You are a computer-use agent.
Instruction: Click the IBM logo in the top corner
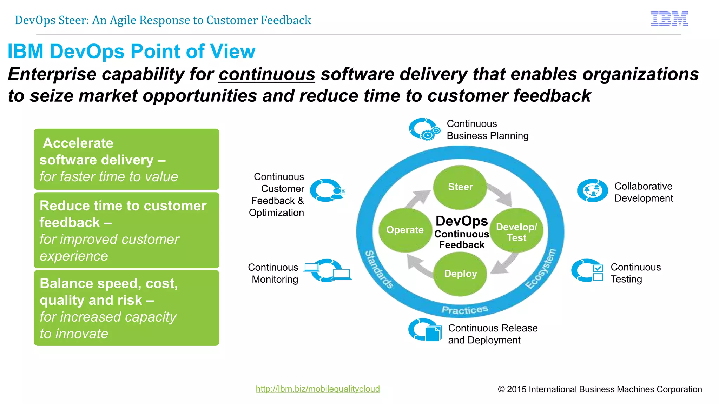(669, 19)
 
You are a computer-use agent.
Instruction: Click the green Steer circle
(460, 187)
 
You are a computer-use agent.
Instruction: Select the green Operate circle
(405, 230)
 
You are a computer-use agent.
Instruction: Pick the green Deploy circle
(460, 274)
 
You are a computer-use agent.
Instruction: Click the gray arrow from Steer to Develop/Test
(500, 195)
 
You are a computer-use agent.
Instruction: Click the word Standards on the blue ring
(379, 269)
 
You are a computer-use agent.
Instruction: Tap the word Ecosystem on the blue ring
(541, 269)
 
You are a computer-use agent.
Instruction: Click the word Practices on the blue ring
(464, 310)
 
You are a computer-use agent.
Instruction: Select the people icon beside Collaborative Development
(592, 191)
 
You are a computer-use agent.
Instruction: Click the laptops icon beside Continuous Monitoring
(328, 270)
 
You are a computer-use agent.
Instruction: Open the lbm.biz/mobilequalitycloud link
(317, 389)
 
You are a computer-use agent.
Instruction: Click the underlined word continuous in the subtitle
(267, 75)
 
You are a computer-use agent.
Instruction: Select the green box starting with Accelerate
(126, 159)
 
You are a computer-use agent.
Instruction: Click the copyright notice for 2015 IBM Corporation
(600, 389)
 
